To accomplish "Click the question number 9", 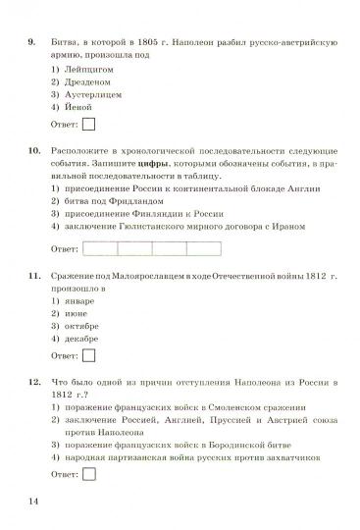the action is coord(31,42).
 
